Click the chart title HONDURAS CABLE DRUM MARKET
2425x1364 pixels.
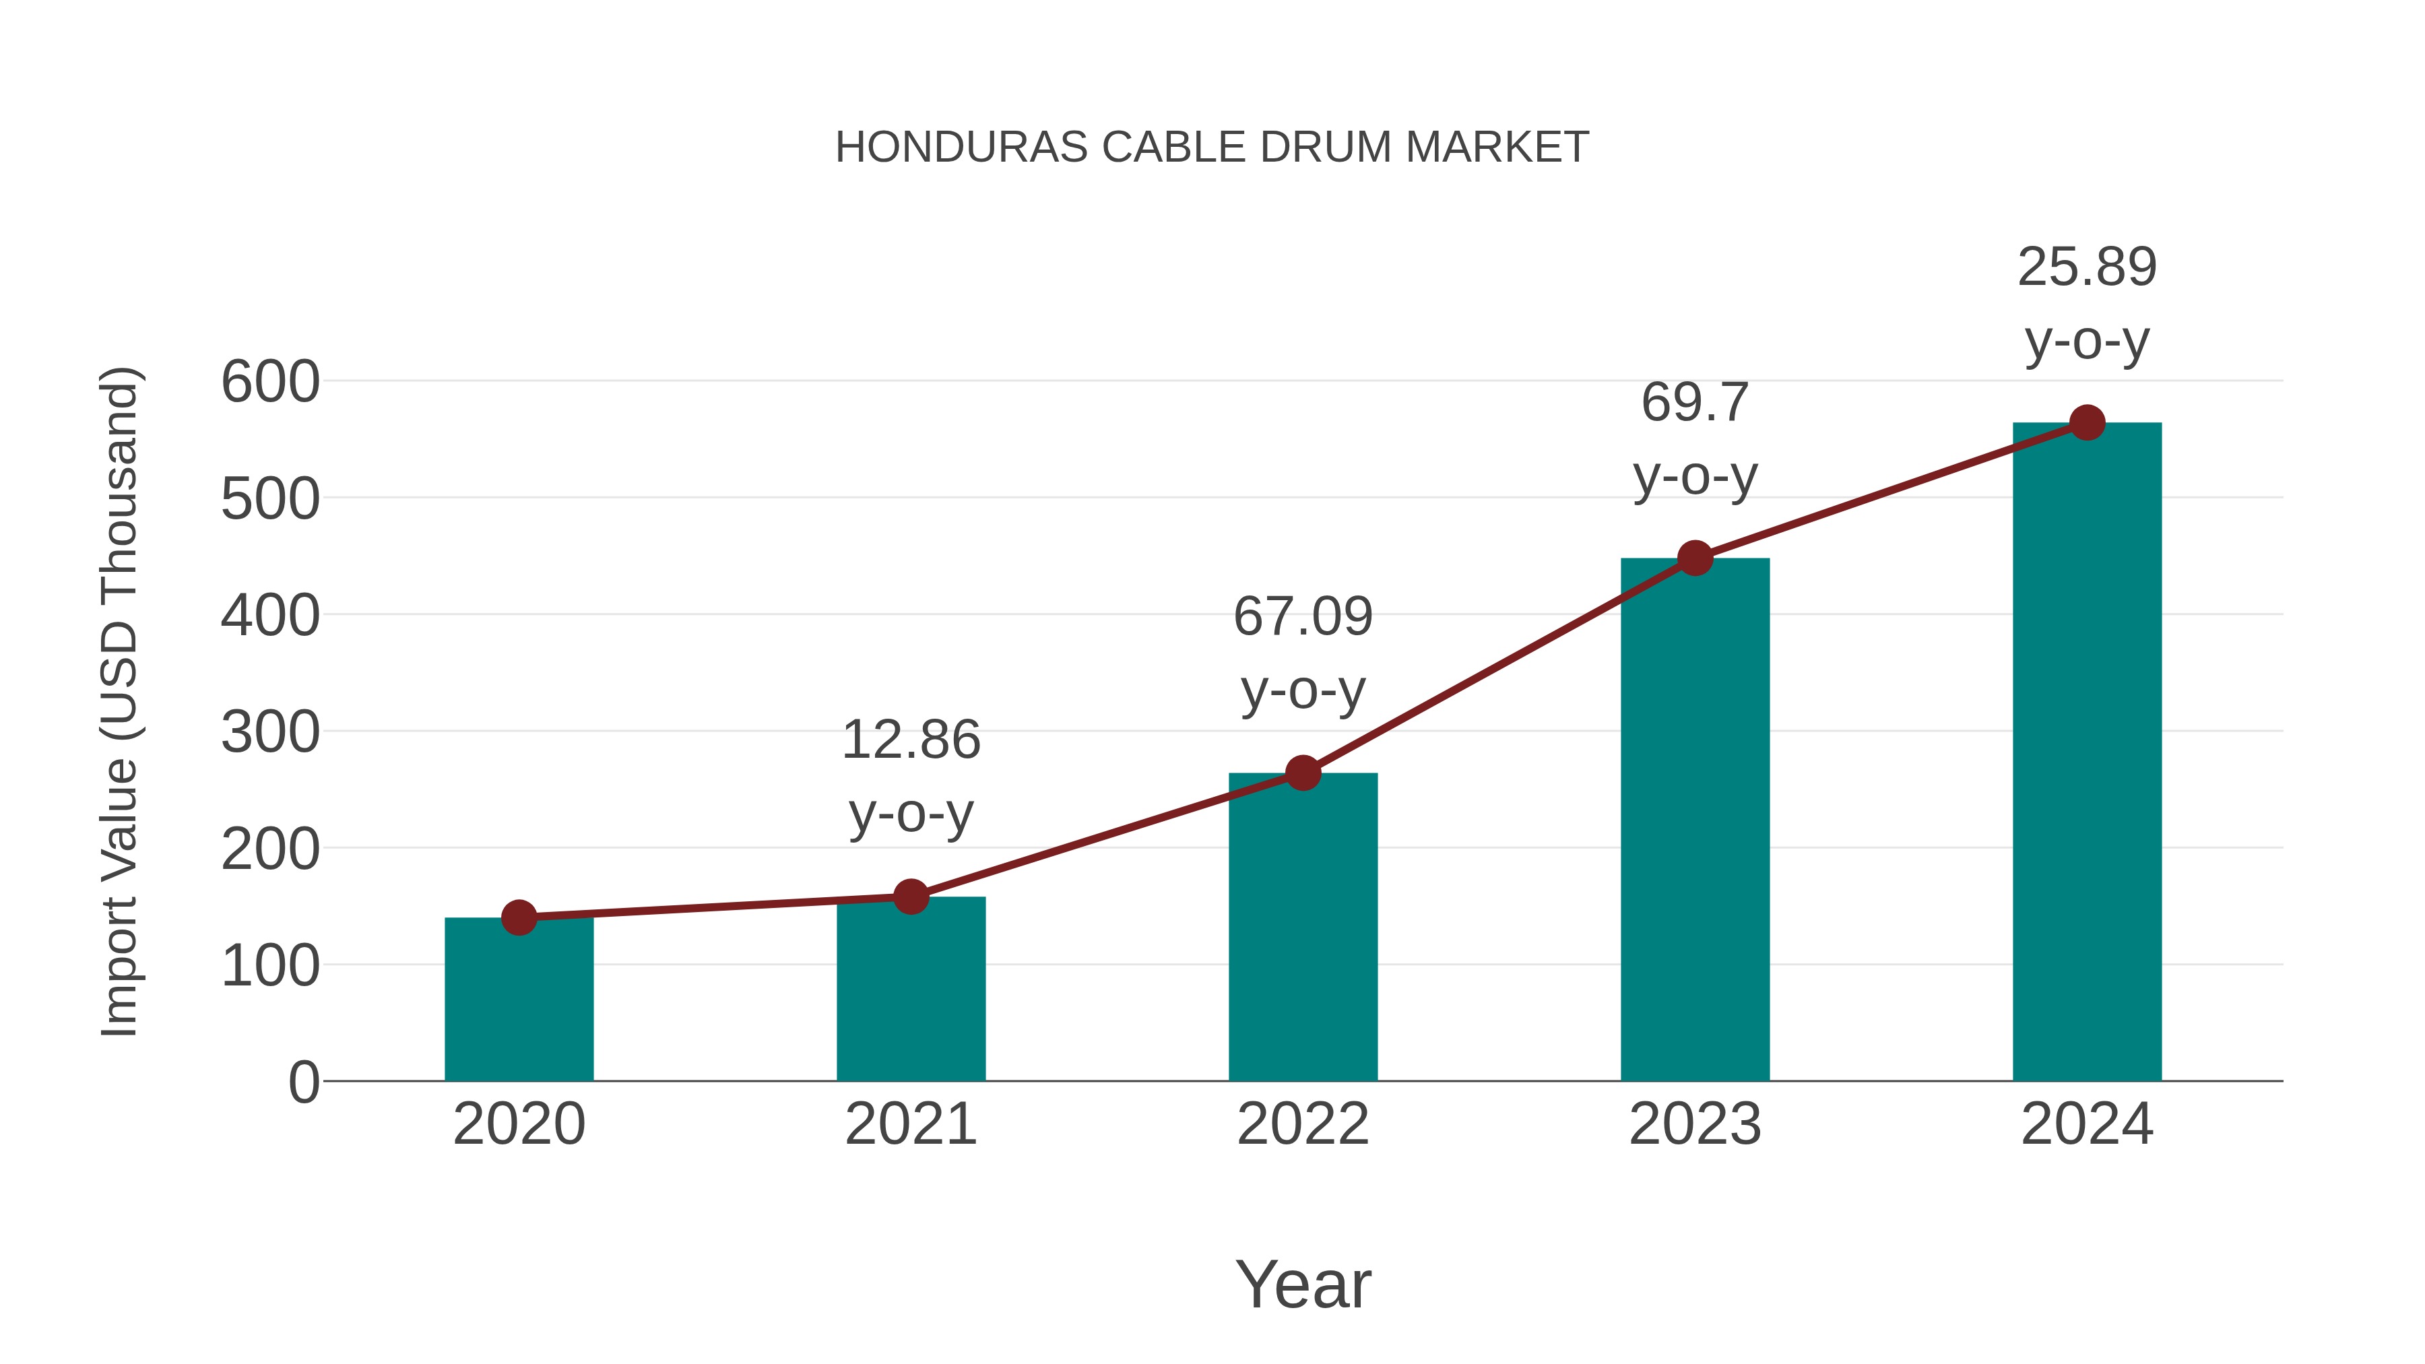point(1212,148)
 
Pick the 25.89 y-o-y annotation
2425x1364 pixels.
point(2087,303)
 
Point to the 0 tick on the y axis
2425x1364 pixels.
point(303,1082)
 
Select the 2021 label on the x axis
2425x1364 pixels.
point(910,1124)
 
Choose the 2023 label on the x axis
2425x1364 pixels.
point(1695,1124)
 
